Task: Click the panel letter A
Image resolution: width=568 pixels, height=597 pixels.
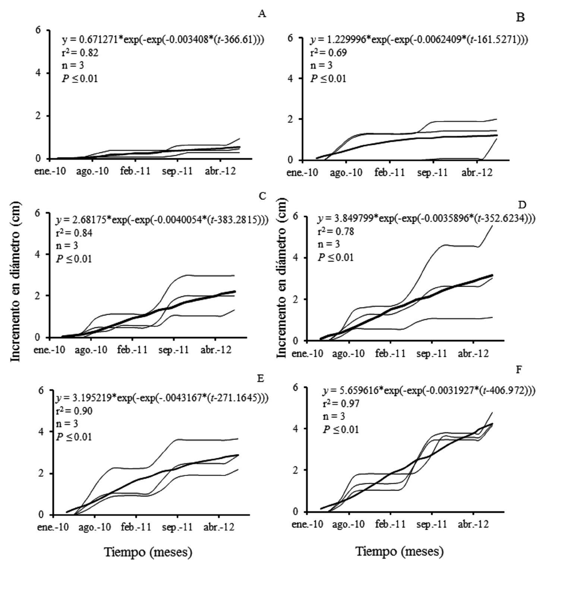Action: pyautogui.click(x=262, y=14)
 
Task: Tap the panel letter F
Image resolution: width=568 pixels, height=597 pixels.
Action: pyautogui.click(x=519, y=370)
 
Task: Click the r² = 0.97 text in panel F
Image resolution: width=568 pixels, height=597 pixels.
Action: pyautogui.click(x=341, y=403)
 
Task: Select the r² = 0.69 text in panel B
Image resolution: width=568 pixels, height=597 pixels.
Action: pyautogui.click(x=328, y=52)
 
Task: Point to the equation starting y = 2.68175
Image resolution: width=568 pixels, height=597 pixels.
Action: pyautogui.click(x=162, y=220)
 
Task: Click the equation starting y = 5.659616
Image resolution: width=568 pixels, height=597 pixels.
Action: pyautogui.click(x=429, y=391)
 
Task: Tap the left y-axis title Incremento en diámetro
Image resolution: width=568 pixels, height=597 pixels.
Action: pyautogui.click(x=15, y=281)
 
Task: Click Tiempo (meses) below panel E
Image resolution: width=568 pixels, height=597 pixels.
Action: pyautogui.click(x=148, y=552)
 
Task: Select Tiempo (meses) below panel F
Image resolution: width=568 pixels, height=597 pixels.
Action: pyautogui.click(x=400, y=551)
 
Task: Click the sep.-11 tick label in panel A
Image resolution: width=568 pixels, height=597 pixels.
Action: pyautogui.click(x=177, y=172)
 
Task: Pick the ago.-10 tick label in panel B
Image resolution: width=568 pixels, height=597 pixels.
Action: pyautogui.click(x=346, y=173)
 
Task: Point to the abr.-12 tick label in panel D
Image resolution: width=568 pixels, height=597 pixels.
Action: pyautogui.click(x=473, y=354)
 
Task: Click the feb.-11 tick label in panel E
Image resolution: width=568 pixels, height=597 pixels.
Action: pyautogui.click(x=136, y=527)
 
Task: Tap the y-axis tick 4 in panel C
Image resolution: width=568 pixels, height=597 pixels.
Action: pyautogui.click(x=37, y=255)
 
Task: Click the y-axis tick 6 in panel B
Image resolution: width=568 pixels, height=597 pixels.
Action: pyautogui.click(x=290, y=38)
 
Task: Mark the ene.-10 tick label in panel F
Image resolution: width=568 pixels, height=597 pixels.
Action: pyautogui.click(x=307, y=524)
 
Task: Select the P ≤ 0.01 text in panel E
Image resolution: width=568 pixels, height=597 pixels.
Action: pyautogui.click(x=74, y=437)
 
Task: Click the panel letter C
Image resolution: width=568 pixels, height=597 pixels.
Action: pyautogui.click(x=262, y=196)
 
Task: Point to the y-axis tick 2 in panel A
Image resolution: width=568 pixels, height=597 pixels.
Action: pyautogui.click(x=38, y=116)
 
